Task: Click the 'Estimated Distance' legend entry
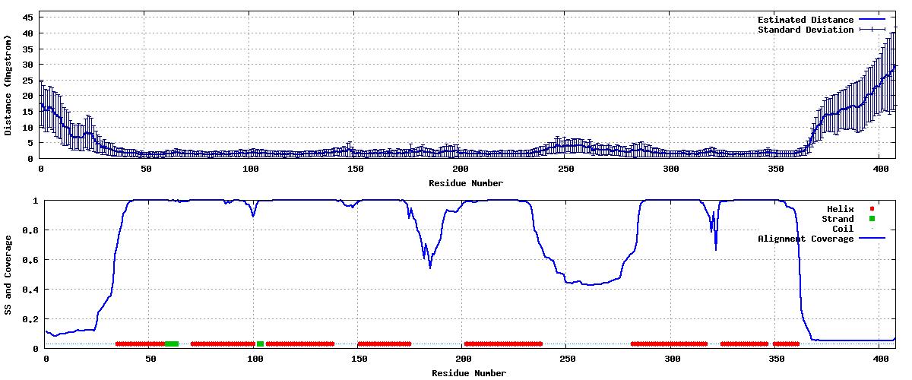tap(806, 20)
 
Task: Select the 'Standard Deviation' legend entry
tap(806, 30)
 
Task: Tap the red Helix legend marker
tap(872, 208)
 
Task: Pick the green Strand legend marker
tap(872, 219)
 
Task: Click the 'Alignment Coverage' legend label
tap(806, 239)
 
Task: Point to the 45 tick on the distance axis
tap(27, 17)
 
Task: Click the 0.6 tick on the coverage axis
tap(30, 260)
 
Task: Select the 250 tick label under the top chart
tap(566, 169)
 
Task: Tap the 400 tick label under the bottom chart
tap(881, 359)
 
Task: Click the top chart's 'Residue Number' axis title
tap(466, 183)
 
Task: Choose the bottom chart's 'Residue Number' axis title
tap(469, 373)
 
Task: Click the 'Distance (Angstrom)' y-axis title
tap(8, 85)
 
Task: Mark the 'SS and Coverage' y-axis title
tap(8, 275)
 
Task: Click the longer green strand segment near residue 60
tap(172, 344)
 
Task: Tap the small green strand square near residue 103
tap(260, 344)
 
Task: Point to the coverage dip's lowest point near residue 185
tap(430, 268)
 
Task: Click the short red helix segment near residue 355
tap(786, 344)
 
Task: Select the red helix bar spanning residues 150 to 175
tap(385, 344)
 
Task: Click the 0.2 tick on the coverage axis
tap(30, 319)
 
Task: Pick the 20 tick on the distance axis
tap(27, 96)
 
